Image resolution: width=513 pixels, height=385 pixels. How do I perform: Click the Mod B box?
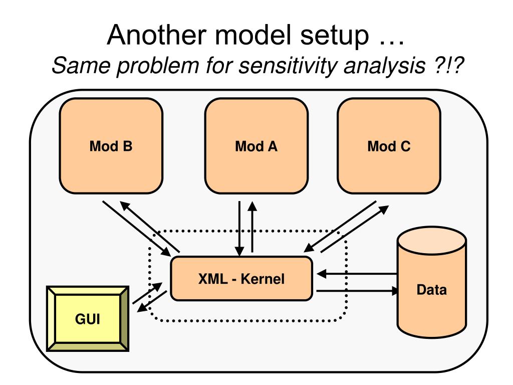111,146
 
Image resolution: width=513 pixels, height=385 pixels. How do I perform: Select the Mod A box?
256,146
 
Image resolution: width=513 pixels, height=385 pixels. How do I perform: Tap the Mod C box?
389,146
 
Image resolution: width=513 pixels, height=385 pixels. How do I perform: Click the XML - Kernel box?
241,279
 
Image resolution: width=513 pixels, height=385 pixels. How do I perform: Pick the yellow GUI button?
88,318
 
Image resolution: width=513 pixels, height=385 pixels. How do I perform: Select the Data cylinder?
432,282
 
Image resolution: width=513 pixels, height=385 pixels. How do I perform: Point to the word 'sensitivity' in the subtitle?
287,65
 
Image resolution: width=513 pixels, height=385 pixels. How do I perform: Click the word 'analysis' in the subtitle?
384,67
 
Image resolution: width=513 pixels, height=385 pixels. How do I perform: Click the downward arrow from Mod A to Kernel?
239,229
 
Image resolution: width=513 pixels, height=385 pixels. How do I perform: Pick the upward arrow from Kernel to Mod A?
252,227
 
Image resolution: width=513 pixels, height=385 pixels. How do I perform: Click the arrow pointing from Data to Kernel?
357,274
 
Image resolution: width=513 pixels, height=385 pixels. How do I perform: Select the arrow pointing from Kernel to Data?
358,290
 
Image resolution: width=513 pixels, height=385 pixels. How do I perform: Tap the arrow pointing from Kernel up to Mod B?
149,227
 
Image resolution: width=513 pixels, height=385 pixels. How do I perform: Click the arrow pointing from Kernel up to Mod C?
355,229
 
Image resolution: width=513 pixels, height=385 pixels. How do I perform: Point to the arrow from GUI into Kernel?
148,293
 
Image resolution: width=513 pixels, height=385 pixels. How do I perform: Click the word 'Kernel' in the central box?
263,279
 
